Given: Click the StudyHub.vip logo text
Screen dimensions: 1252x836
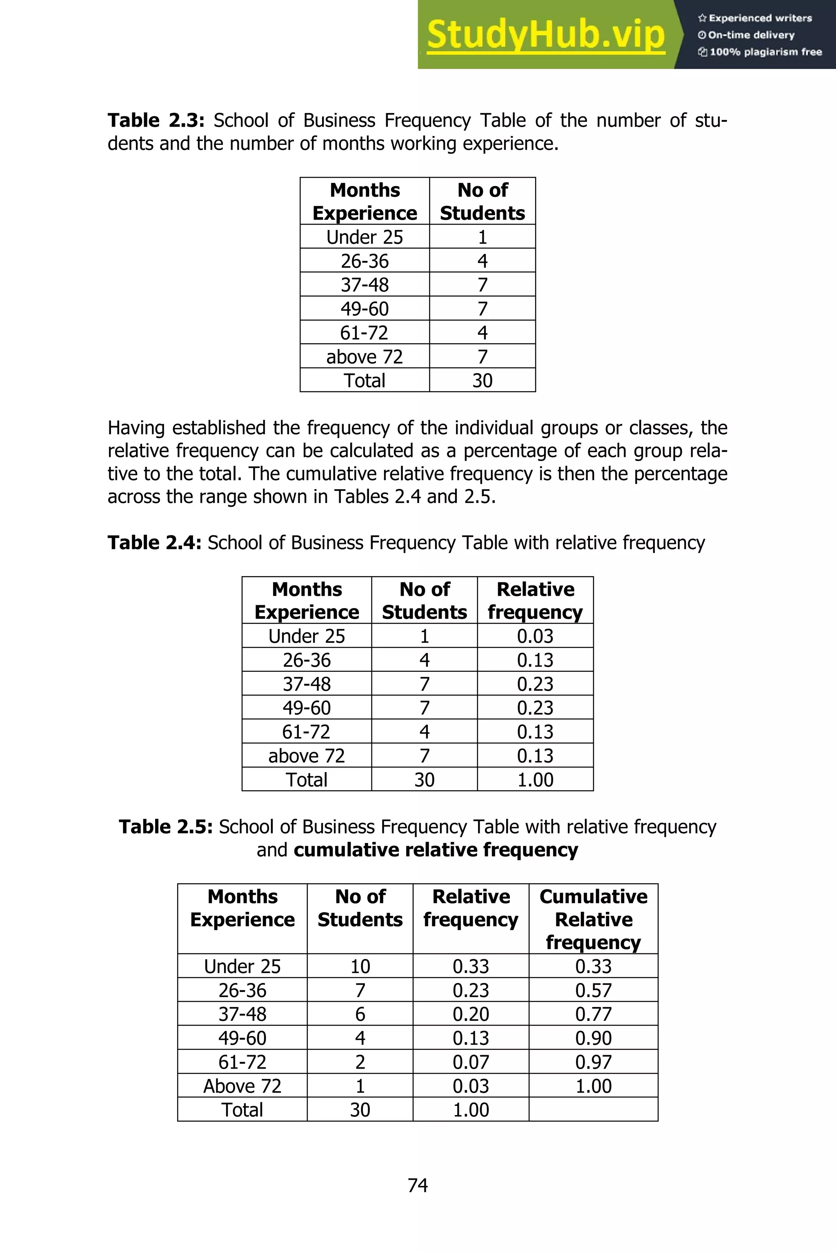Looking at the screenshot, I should pyautogui.click(x=545, y=34).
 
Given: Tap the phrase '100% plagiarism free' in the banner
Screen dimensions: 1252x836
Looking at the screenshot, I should pyautogui.click(x=766, y=52).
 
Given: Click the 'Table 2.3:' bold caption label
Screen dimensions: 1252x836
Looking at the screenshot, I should pyautogui.click(x=156, y=120).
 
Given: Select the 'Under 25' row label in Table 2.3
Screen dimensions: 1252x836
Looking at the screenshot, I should pyautogui.click(x=365, y=237).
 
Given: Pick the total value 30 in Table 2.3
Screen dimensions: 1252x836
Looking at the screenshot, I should pyautogui.click(x=482, y=380).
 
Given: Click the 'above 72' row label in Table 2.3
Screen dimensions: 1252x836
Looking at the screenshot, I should pyautogui.click(x=365, y=356).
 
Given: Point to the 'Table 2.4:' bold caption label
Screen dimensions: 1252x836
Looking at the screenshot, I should pyautogui.click(x=154, y=543).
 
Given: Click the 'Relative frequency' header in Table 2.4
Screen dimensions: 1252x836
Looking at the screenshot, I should pyautogui.click(x=535, y=600).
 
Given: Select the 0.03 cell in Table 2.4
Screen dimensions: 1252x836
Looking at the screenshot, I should pyautogui.click(x=535, y=636).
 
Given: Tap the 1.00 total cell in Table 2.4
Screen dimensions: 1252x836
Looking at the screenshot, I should pyautogui.click(x=535, y=780).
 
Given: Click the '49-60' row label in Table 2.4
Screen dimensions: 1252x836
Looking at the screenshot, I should pyautogui.click(x=307, y=708).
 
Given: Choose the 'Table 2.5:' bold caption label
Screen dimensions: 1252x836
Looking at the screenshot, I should pyautogui.click(x=166, y=827).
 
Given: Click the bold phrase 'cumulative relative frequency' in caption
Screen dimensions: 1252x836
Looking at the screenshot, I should pyautogui.click(x=436, y=850).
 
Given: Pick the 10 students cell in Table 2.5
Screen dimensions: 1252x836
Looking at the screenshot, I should pyautogui.click(x=360, y=967).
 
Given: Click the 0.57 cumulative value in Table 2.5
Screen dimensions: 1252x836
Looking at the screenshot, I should pyautogui.click(x=594, y=991).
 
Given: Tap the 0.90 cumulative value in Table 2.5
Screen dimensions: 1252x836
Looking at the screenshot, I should pyautogui.click(x=594, y=1038).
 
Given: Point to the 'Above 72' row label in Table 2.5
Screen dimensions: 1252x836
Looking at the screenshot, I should pyautogui.click(x=242, y=1086).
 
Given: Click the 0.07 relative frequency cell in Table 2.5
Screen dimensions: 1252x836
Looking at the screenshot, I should pyautogui.click(x=471, y=1062).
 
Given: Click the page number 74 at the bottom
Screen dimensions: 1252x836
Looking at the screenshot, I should pyautogui.click(x=418, y=1185).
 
